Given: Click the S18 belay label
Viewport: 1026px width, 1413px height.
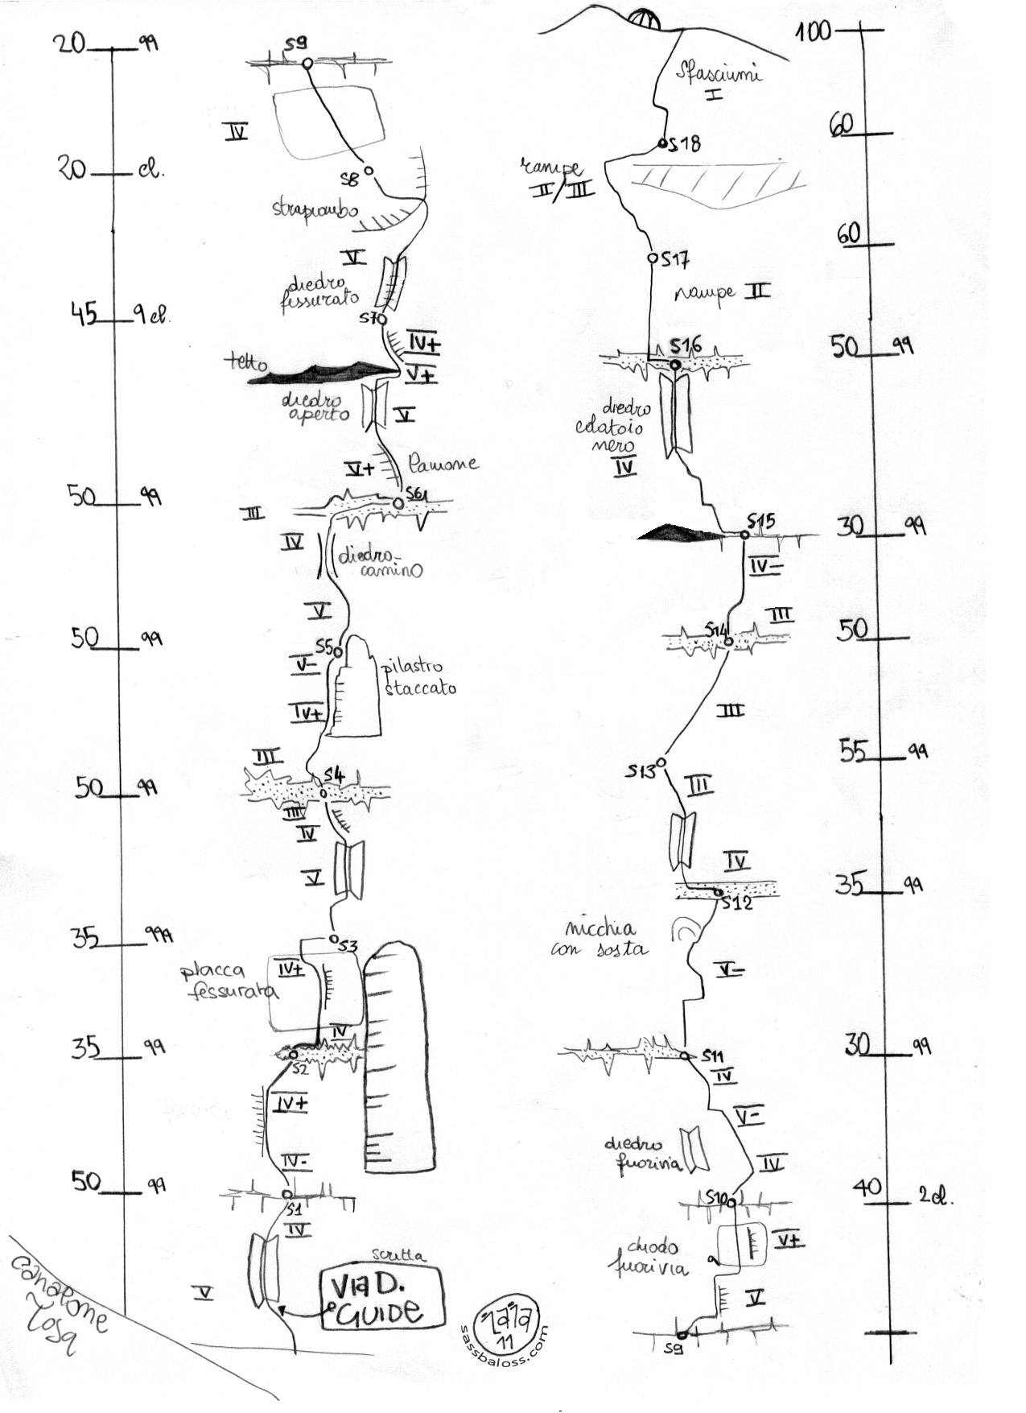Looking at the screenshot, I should tap(686, 144).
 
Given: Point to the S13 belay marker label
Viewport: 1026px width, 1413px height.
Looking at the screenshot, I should tap(642, 771).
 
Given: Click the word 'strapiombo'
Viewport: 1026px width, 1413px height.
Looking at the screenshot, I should tap(315, 212).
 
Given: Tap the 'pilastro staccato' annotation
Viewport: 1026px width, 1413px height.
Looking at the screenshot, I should tap(420, 677).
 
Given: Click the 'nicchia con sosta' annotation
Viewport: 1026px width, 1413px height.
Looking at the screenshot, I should tap(600, 938).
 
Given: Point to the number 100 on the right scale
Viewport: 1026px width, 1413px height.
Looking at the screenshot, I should tap(813, 32).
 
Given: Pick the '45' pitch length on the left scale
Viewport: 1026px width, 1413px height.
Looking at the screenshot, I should tap(83, 313).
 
